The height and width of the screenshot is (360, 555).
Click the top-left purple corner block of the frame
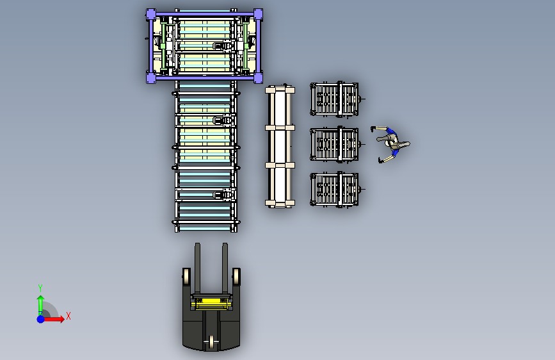click(151, 15)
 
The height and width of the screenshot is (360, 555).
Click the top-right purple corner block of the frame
click(258, 15)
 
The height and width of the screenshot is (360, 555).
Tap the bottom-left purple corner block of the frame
click(151, 78)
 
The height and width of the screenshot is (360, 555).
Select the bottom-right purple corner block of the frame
click(258, 78)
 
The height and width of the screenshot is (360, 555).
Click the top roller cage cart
click(335, 99)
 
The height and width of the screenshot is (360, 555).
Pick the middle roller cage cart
click(335, 145)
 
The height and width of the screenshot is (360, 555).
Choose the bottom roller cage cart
click(335, 190)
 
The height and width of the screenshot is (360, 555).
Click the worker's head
click(393, 143)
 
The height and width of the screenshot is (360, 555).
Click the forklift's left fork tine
click(198, 268)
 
